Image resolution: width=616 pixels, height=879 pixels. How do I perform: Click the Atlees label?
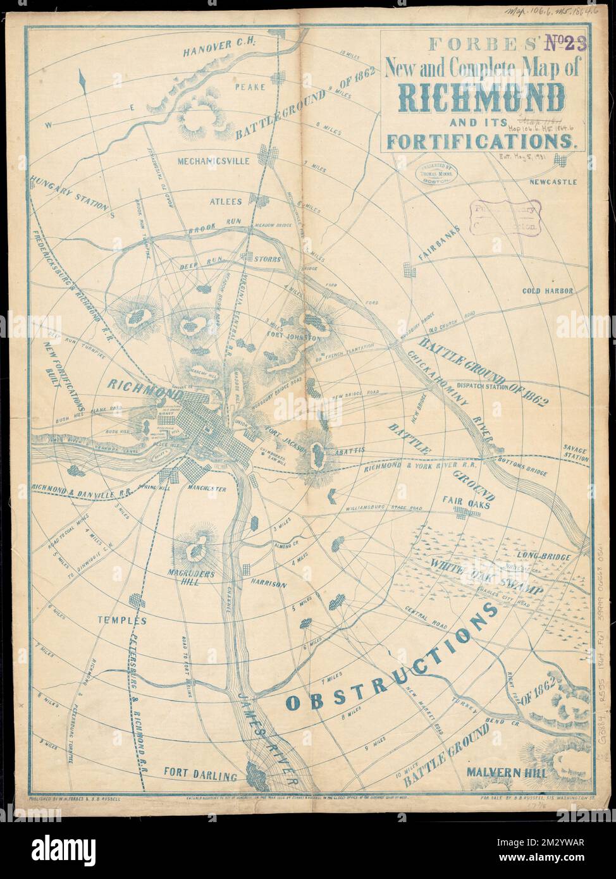(x=226, y=202)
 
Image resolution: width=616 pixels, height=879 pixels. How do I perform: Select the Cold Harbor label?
(x=547, y=291)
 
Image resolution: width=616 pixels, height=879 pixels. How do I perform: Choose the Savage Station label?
(x=576, y=453)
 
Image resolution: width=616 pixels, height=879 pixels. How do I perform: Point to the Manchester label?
(x=206, y=489)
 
